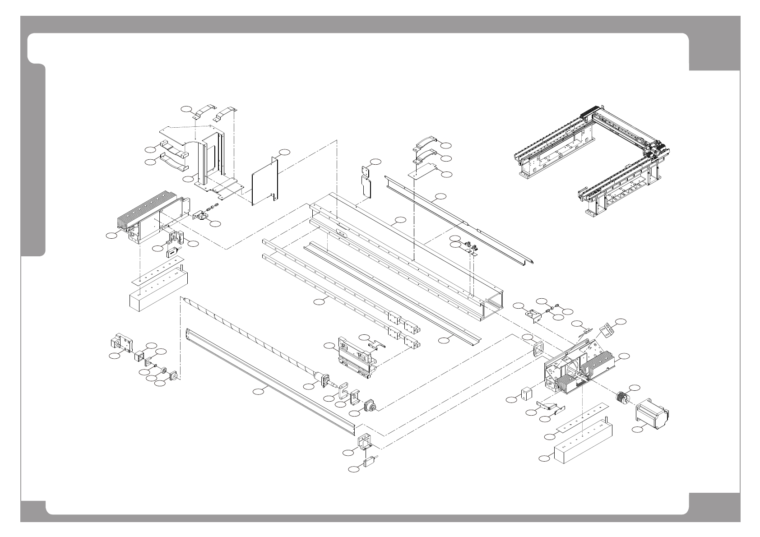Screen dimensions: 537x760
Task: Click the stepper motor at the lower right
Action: [x=652, y=412]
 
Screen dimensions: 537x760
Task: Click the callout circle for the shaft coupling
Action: [x=634, y=388]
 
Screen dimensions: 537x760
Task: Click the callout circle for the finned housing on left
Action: [x=111, y=235]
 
